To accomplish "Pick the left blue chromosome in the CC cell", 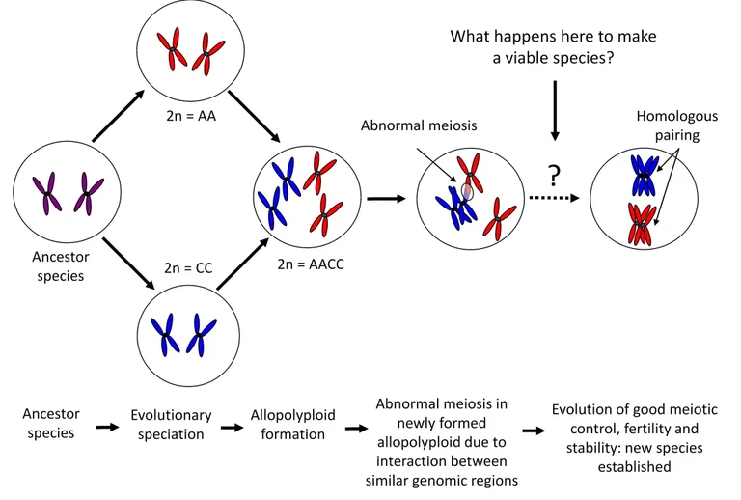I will click(166, 333).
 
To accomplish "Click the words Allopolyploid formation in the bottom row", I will click(292, 425).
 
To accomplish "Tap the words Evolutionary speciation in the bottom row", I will click(171, 425).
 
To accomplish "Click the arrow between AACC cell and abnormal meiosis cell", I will click(386, 199).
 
